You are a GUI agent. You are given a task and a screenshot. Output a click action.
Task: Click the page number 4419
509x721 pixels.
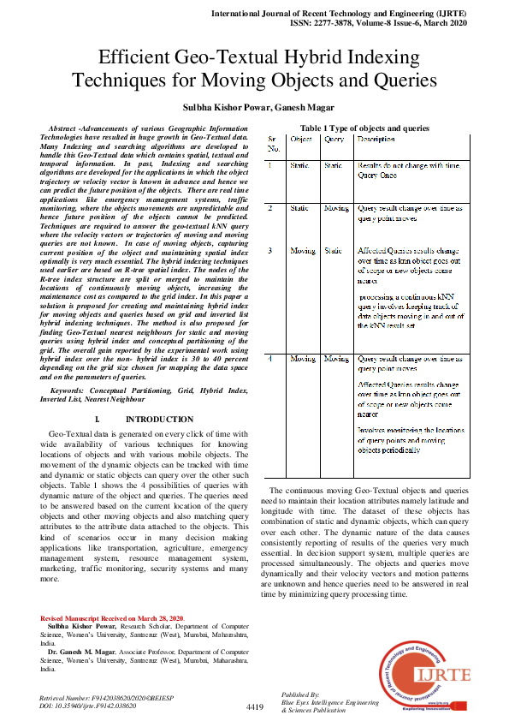pyautogui.click(x=254, y=706)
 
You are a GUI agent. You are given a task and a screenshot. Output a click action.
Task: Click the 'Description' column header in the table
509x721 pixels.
pyautogui.click(x=376, y=138)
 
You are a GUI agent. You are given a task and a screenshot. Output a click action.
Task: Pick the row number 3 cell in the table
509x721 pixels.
pyautogui.click(x=271, y=251)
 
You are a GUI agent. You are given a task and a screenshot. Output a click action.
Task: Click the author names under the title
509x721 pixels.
pyautogui.click(x=254, y=107)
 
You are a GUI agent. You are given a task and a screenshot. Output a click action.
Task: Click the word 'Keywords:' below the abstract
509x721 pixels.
pyautogui.click(x=74, y=390)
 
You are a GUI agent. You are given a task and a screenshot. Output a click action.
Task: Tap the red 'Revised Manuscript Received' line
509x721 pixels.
pyautogui.click(x=112, y=617)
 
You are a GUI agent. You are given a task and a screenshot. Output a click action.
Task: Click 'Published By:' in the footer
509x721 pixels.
pyautogui.click(x=299, y=694)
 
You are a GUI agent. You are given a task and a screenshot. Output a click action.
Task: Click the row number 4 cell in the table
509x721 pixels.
pyautogui.click(x=271, y=358)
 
